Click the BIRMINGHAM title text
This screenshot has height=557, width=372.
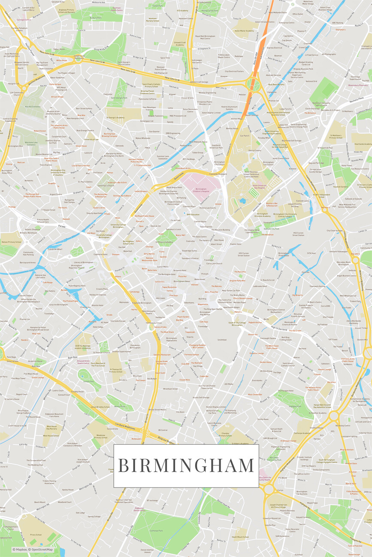tap(186, 465)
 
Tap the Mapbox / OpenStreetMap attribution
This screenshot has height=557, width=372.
tap(33, 549)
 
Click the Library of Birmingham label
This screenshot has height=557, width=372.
tap(83, 262)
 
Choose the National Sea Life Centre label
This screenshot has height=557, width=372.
tap(40, 276)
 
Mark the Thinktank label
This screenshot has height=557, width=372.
tap(268, 222)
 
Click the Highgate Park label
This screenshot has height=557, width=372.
tap(295, 406)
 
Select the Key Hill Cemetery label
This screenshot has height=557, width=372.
tap(33, 107)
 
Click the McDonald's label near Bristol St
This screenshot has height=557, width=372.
tap(136, 439)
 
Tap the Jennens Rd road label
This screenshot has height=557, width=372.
tap(256, 204)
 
